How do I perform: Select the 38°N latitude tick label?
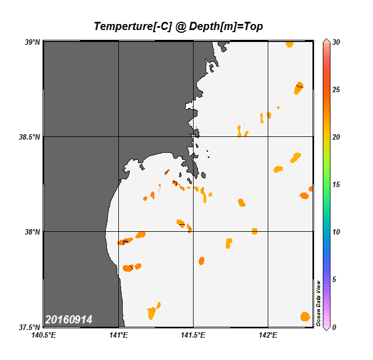(33, 232)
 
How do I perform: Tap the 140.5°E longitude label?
(43, 335)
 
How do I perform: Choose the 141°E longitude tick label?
(118, 335)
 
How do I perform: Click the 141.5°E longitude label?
(193, 335)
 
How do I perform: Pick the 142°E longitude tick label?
(268, 335)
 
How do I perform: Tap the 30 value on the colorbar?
(336, 41)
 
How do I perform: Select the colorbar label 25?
(336, 89)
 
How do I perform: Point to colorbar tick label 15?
(336, 184)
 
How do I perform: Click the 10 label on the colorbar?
(336, 232)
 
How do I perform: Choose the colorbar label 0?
(334, 327)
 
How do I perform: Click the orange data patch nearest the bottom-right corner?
(305, 316)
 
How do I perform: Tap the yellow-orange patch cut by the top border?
(289, 44)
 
